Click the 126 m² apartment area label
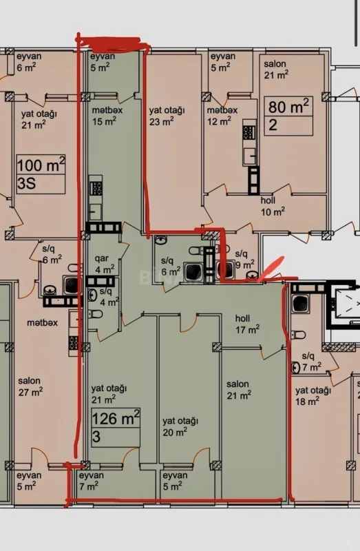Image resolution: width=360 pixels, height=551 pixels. coord(116,419)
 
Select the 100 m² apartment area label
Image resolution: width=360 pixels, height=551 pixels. coord(41,165)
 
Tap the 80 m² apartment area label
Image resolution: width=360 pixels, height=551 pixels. coord(289,107)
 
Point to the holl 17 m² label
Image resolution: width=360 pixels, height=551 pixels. coord(247,324)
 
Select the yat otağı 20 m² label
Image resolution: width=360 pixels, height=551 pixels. coord(180,426)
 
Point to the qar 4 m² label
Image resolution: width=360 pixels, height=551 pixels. coord(104,264)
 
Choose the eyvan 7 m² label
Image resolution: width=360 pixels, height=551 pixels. coord(91,481)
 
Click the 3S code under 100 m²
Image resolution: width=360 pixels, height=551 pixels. coord(28,183)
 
